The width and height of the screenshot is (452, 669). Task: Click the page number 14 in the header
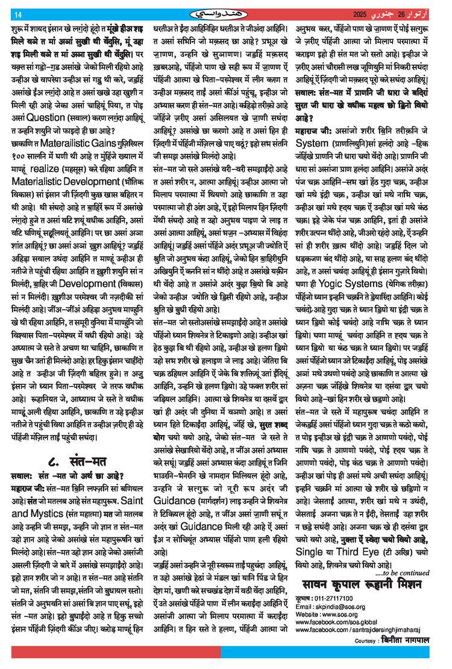click(x=18, y=14)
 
